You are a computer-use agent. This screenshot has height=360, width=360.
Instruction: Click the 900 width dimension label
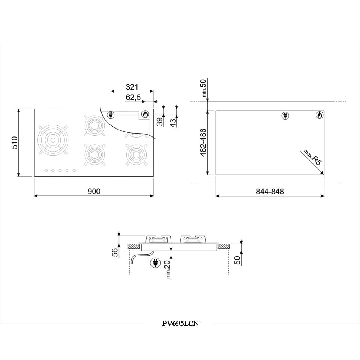[94, 191]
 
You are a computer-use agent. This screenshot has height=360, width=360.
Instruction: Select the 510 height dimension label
[14, 143]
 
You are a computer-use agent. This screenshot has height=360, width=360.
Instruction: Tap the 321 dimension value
[132, 87]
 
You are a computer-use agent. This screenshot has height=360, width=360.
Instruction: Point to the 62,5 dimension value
[133, 97]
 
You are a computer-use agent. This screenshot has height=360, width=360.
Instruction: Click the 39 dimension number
[160, 122]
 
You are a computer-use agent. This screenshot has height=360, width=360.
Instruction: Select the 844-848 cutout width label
[270, 191]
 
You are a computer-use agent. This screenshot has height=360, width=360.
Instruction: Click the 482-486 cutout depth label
[203, 143]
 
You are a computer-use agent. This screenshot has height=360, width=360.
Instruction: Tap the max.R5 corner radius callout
[313, 157]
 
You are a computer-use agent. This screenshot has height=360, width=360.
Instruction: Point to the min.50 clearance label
[204, 88]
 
